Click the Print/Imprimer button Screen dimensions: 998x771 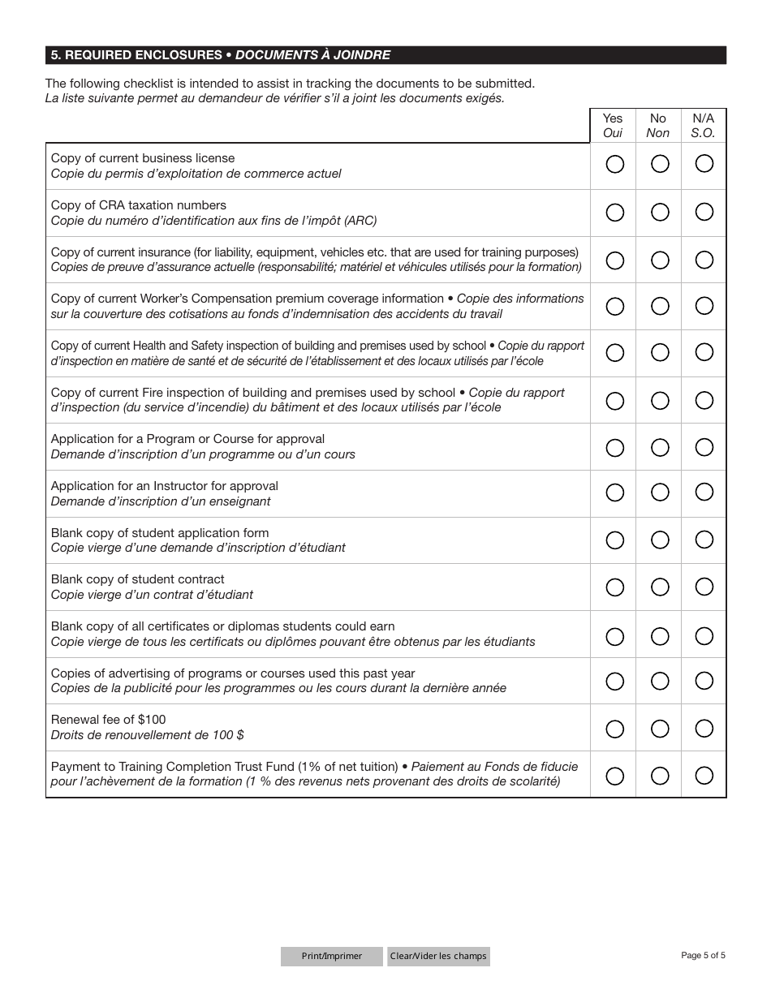[x=331, y=956]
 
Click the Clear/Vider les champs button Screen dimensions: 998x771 [x=438, y=956]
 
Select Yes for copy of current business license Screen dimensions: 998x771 [x=615, y=165]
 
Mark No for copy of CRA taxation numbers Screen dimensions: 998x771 [x=660, y=212]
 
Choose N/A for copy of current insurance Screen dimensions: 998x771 [x=704, y=260]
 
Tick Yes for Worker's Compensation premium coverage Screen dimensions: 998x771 [x=615, y=306]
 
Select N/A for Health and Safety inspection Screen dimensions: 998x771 [x=704, y=352]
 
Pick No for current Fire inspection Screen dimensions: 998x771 [x=660, y=400]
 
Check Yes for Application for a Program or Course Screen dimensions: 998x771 [x=615, y=447]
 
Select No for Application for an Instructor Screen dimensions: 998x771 [x=660, y=493]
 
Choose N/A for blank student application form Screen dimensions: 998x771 [x=704, y=540]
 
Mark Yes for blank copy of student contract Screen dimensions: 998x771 [x=615, y=587]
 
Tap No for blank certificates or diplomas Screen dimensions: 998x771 [x=660, y=635]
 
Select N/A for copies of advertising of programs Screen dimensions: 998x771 [x=704, y=681]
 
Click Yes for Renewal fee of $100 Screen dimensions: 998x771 [x=615, y=728]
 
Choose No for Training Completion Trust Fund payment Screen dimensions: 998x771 [x=660, y=776]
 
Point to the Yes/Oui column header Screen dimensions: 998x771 [x=613, y=126]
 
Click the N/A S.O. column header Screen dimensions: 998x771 [x=703, y=126]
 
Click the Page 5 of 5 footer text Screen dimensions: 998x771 [x=703, y=955]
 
